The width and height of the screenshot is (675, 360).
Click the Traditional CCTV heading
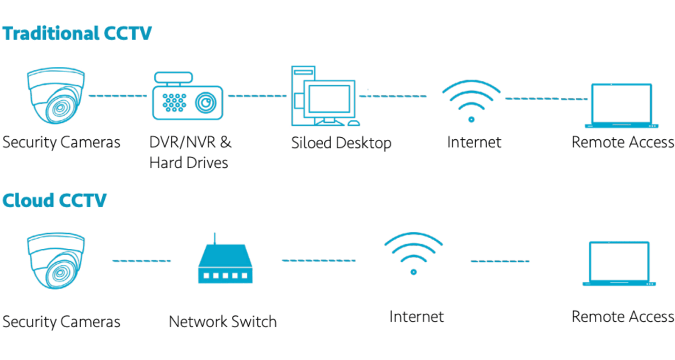tap(77, 33)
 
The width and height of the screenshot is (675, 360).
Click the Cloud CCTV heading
tap(54, 200)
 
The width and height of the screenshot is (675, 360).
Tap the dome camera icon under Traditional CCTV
tap(56, 96)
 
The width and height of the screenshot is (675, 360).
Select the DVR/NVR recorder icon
tap(188, 98)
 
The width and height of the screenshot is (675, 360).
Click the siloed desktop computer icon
tap(324, 97)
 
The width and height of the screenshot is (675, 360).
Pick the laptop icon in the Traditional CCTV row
tap(621, 105)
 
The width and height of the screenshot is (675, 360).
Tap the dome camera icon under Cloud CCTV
tap(56, 261)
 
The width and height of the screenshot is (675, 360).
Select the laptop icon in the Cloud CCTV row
tap(619, 263)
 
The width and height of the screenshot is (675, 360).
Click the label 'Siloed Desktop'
tap(341, 142)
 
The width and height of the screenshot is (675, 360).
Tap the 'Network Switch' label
tap(223, 322)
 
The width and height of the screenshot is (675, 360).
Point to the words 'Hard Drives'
tap(188, 163)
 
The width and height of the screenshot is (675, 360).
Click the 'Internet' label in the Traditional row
tap(474, 141)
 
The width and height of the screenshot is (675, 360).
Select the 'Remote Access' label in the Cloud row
tap(622, 316)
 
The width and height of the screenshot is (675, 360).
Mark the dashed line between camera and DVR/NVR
tap(118, 96)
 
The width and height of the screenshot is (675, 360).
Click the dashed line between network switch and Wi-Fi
tap(318, 260)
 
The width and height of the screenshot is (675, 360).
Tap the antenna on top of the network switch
tap(215, 238)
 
